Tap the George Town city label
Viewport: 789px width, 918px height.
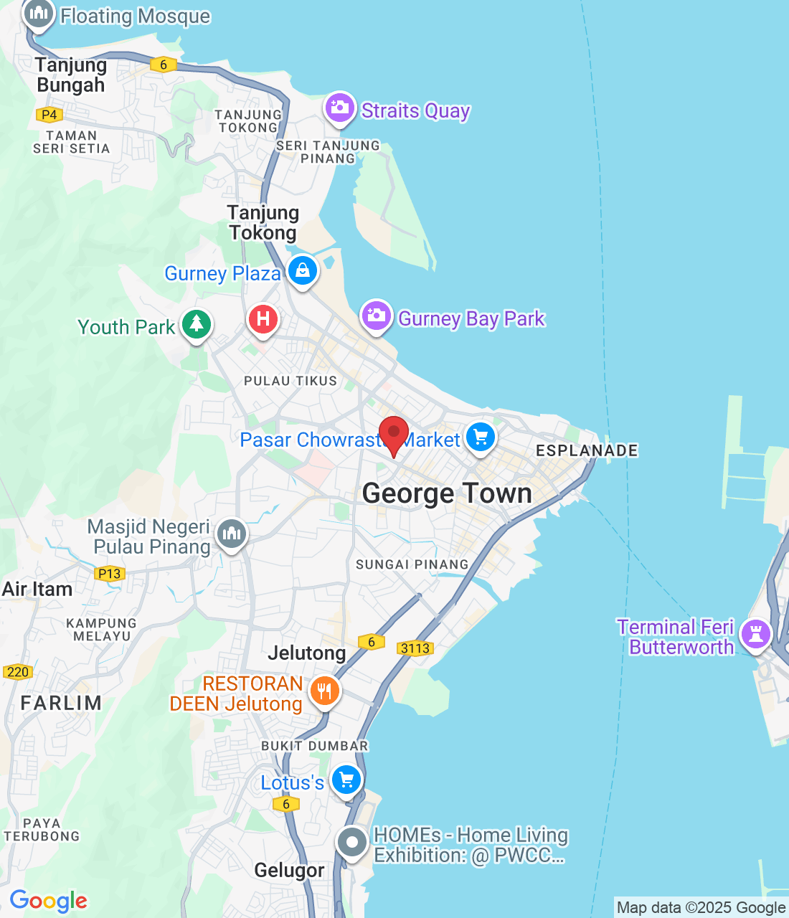[447, 493]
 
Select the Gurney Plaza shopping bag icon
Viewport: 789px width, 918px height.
[303, 270]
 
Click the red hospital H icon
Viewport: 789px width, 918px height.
[263, 318]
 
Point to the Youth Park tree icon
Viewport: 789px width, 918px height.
[196, 325]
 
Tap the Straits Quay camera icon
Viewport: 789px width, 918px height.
[340, 108]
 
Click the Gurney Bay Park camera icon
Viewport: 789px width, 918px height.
[376, 316]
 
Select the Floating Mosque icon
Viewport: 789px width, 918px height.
[39, 13]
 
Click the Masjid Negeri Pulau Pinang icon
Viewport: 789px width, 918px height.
[231, 534]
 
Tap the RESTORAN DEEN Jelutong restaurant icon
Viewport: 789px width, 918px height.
[325, 691]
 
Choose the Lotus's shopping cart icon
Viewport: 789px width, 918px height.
[346, 780]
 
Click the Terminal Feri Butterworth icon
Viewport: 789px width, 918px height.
[755, 634]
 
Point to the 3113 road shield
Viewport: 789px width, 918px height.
[415, 648]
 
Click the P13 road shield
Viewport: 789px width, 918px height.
[109, 573]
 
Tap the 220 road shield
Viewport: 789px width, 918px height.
[17, 672]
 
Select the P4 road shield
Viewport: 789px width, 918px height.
[49, 114]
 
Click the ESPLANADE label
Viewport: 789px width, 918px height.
[587, 450]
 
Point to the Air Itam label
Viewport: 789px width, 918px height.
[37, 590]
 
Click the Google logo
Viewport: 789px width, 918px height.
[49, 901]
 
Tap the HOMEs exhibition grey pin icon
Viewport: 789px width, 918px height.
[352, 843]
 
